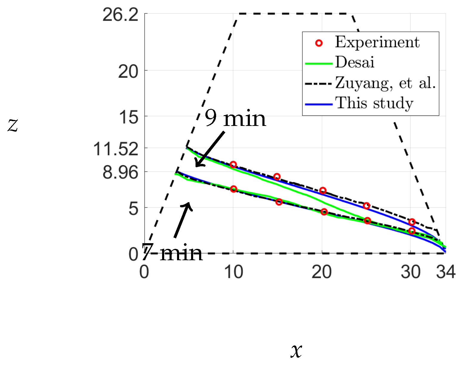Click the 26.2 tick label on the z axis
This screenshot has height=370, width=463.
(x=120, y=15)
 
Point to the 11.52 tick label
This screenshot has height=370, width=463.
(x=116, y=149)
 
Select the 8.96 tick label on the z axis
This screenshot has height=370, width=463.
(x=120, y=172)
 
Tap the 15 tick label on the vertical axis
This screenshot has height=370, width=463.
(x=129, y=117)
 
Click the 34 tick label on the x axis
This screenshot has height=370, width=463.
(x=446, y=272)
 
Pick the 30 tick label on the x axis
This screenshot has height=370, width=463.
(x=411, y=272)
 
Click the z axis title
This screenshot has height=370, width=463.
(x=13, y=125)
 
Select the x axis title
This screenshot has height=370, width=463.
(x=296, y=350)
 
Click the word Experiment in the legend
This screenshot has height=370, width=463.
(x=377, y=42)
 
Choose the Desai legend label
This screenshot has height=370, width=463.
(x=355, y=62)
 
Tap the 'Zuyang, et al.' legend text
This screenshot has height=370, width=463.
(x=385, y=83)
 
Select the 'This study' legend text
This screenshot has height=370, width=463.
(x=374, y=103)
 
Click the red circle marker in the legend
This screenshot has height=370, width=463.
(x=319, y=43)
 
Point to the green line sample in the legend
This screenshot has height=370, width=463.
(x=319, y=63)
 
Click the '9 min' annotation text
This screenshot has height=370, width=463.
(x=235, y=118)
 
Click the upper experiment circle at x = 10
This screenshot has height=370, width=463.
(x=233, y=165)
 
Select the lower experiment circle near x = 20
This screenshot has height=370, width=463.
(x=324, y=212)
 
